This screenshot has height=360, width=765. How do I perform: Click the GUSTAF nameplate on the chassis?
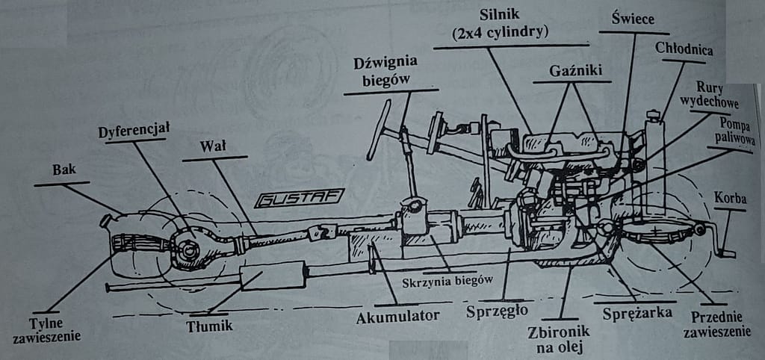coord(298,198)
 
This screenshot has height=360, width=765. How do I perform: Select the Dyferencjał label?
coord(134,131)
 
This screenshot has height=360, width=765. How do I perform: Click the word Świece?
coord(634,21)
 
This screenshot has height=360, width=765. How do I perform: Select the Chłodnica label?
coord(684,49)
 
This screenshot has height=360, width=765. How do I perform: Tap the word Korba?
coord(730,200)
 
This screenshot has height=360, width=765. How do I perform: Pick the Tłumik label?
coord(210,326)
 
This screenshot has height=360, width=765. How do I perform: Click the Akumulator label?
coord(397,315)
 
